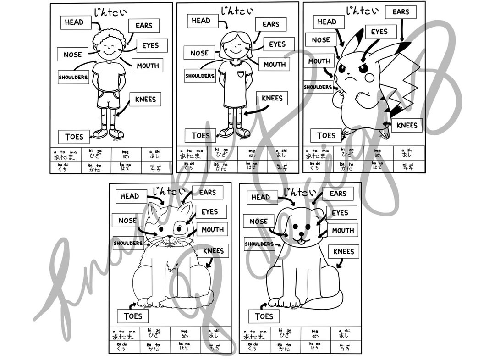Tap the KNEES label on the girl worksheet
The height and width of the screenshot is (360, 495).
click(x=272, y=98)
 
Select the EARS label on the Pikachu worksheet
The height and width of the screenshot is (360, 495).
click(x=401, y=12)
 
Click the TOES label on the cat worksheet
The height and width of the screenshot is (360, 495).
click(x=132, y=316)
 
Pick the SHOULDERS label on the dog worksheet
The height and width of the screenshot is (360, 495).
click(x=259, y=244)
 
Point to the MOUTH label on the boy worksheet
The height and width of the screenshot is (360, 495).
click(x=148, y=66)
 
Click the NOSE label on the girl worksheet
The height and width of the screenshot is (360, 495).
click(x=199, y=53)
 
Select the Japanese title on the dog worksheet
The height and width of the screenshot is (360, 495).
click(x=297, y=192)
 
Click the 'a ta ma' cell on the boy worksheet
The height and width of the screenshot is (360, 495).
click(x=65, y=154)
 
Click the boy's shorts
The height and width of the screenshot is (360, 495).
click(x=109, y=100)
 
